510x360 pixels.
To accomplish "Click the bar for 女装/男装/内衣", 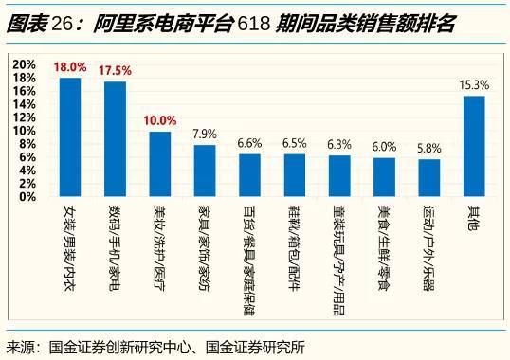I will [70, 137].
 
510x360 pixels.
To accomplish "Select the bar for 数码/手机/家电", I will [115, 139].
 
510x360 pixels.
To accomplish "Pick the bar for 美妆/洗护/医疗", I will [160, 164].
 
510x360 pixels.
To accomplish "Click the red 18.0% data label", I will [70, 67].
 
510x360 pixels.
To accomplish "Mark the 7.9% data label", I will [205, 134].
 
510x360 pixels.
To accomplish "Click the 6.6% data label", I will [249, 143].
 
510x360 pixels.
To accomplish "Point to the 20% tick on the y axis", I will [25, 63].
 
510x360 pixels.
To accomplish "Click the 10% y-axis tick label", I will [25, 131].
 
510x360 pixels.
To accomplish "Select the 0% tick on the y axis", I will [28, 197].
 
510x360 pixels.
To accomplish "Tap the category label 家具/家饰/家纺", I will [204, 238].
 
